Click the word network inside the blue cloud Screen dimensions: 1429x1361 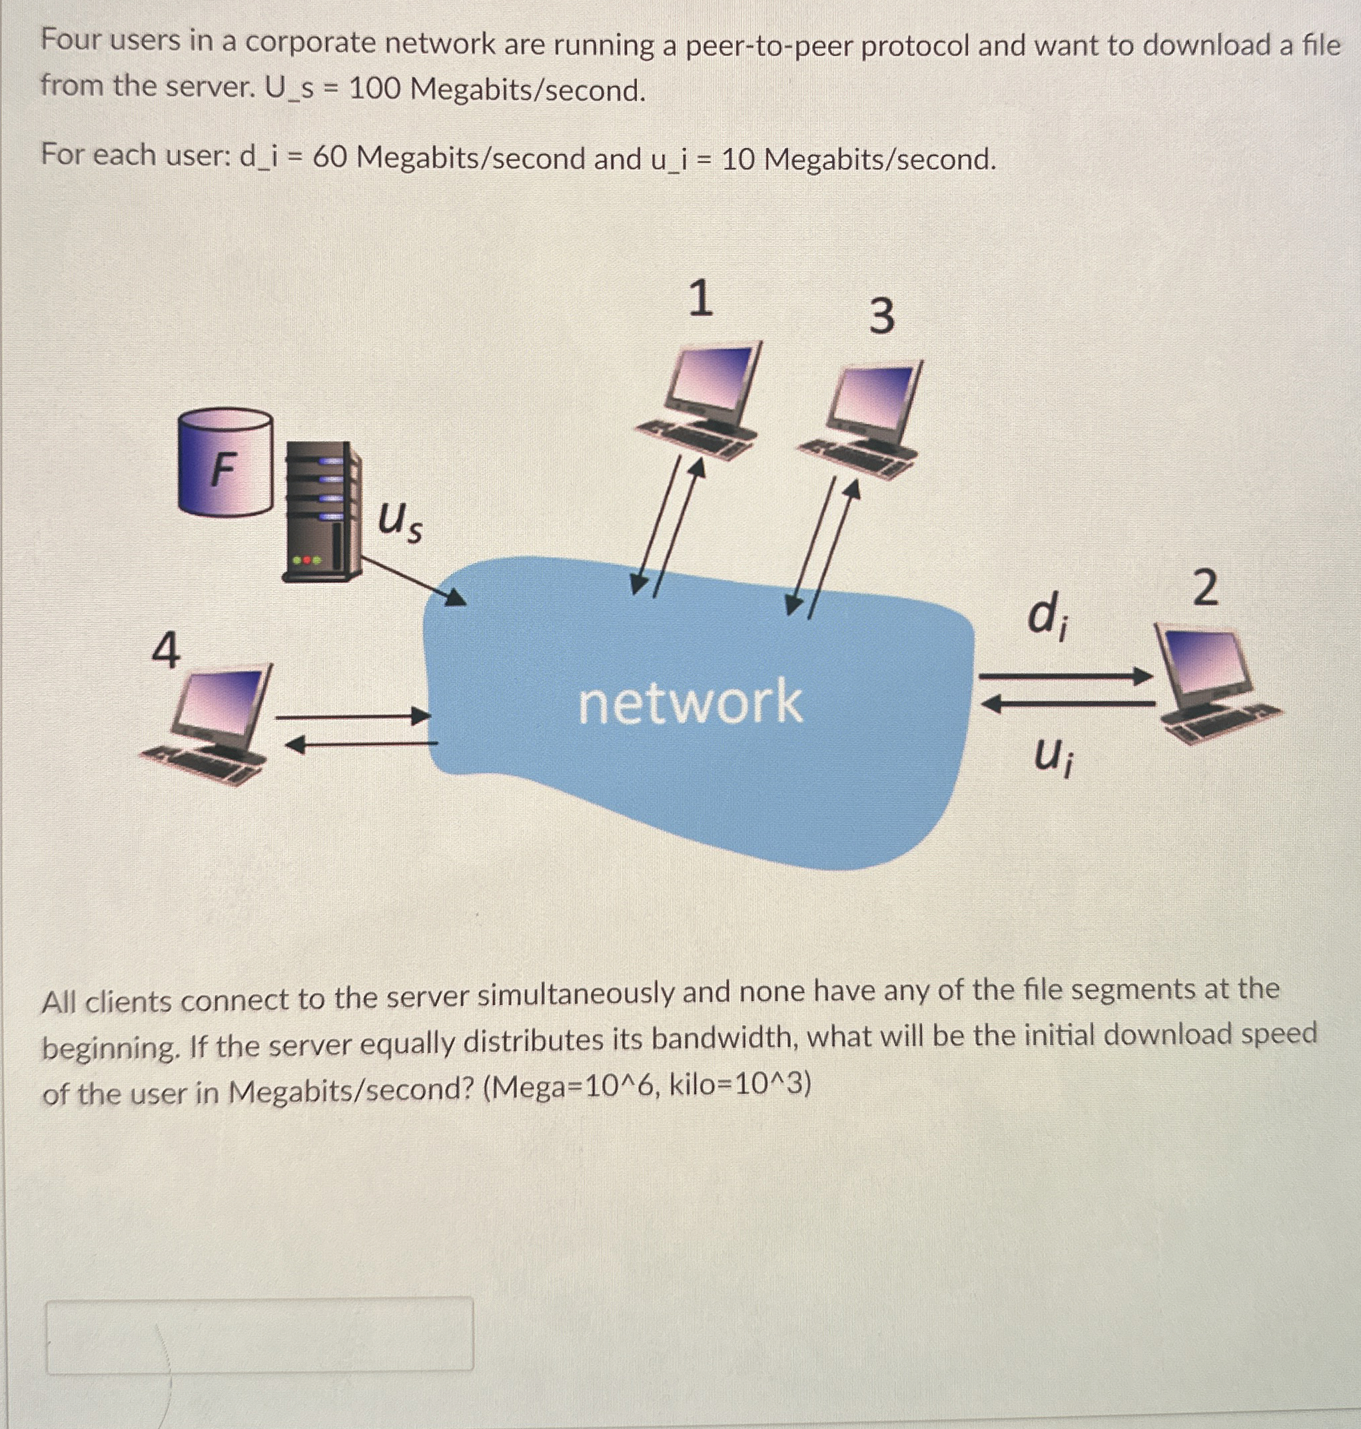690,703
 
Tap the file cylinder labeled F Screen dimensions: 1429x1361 225,463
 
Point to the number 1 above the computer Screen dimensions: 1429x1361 699,299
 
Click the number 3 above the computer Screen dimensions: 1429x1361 881,317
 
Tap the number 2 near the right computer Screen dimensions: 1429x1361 1205,588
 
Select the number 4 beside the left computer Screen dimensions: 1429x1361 166,651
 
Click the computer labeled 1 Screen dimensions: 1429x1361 701,403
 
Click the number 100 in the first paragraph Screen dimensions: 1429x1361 375,89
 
